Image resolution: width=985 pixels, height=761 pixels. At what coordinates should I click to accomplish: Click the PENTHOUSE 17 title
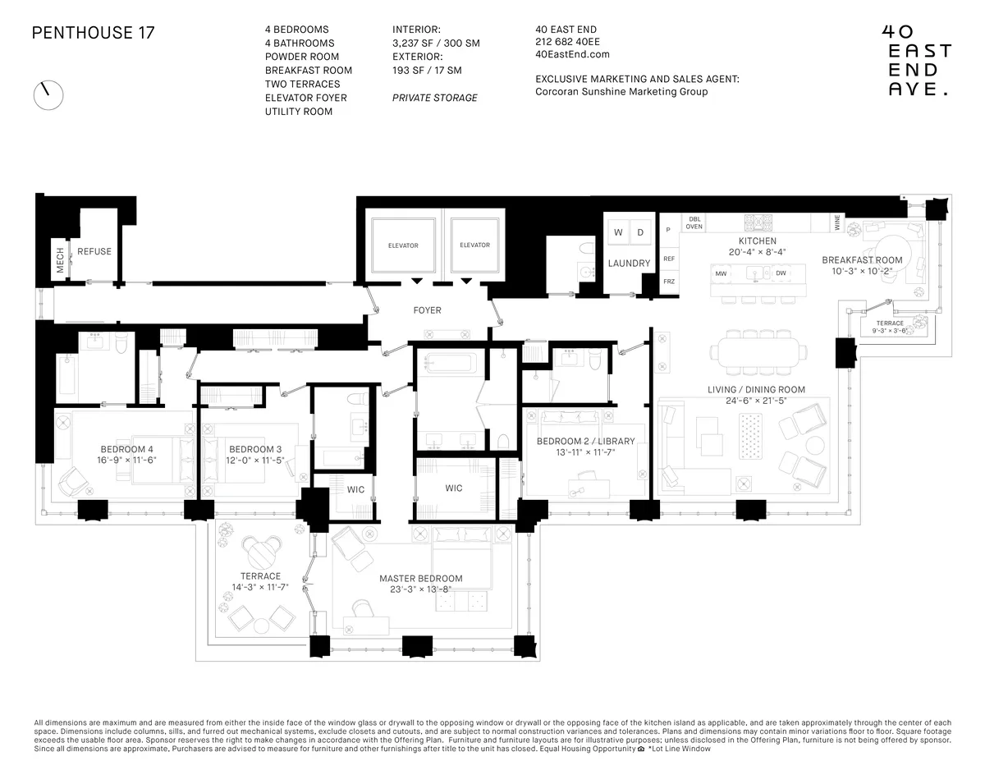tap(93, 33)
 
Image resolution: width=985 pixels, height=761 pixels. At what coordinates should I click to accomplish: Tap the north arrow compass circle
tap(48, 94)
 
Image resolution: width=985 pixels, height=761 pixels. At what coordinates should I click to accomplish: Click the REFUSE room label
tap(94, 251)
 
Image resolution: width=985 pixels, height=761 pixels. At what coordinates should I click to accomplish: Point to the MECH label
tap(60, 259)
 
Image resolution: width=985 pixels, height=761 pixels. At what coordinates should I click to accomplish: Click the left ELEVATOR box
tap(403, 245)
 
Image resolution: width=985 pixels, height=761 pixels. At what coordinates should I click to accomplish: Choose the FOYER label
tap(427, 310)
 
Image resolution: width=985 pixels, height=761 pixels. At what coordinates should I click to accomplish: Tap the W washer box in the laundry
tap(617, 232)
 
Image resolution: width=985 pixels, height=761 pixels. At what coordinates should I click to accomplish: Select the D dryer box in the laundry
tap(640, 232)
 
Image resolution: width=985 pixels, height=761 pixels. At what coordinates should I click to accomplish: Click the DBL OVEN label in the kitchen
tap(694, 222)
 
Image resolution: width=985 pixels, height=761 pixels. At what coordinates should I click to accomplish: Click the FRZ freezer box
tap(668, 282)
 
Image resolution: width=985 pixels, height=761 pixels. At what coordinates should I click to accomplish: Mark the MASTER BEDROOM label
tap(420, 578)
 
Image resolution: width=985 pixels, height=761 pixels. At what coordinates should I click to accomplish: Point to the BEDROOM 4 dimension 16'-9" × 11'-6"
tap(127, 460)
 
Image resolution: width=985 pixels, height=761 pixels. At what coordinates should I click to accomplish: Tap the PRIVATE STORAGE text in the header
tap(434, 98)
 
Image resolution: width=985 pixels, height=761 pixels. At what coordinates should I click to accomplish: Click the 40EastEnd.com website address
tap(572, 54)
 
